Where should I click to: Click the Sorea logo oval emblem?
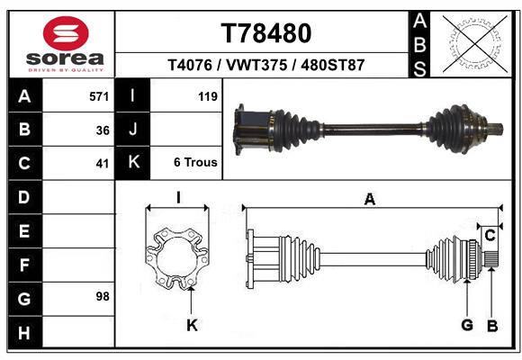(x=66, y=32)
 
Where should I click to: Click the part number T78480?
(x=265, y=33)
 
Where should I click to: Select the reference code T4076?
(x=191, y=66)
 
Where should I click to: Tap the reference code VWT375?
(x=257, y=66)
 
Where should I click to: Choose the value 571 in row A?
(x=99, y=95)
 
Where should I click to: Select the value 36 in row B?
(x=102, y=130)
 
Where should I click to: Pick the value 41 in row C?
(x=102, y=164)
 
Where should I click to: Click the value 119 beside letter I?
(x=207, y=95)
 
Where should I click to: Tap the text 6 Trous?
(x=195, y=163)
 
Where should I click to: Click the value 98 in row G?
(x=102, y=296)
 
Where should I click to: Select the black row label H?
(x=23, y=332)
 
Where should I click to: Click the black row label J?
(x=133, y=130)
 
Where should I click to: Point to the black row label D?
(x=23, y=197)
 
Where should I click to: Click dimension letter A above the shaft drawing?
(x=369, y=200)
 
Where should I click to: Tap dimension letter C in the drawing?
(x=490, y=236)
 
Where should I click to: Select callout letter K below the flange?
(x=192, y=326)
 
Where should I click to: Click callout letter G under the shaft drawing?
(x=467, y=325)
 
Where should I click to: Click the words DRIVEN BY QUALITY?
(x=66, y=69)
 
